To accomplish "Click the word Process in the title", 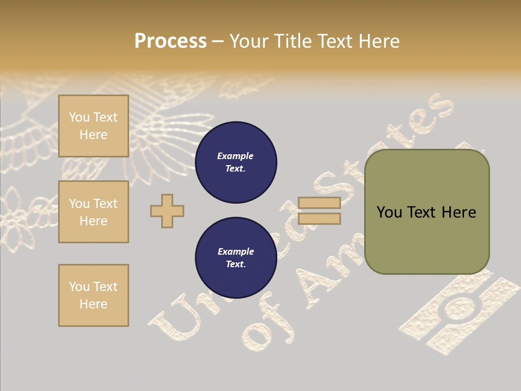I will click(x=170, y=41).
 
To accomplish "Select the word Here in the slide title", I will click(x=378, y=41).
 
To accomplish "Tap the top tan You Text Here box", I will click(x=93, y=126).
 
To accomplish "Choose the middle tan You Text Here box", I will click(x=93, y=212).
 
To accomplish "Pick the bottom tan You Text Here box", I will click(x=93, y=295).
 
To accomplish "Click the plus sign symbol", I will click(x=167, y=211).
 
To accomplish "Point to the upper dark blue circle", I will click(x=236, y=162).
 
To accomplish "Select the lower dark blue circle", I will click(x=236, y=258).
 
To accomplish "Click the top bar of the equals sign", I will click(x=319, y=203).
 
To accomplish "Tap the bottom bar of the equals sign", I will click(x=319, y=219).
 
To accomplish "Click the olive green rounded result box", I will click(x=427, y=239).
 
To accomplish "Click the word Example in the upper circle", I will click(x=236, y=156).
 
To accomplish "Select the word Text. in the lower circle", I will click(x=236, y=264).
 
